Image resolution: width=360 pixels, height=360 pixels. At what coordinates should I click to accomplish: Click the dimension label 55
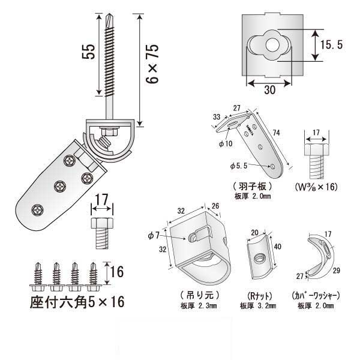(88, 53)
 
